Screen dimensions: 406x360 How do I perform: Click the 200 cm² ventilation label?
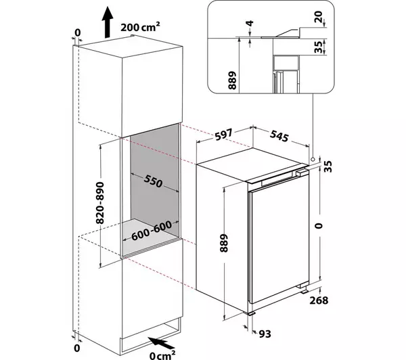(x=140, y=26)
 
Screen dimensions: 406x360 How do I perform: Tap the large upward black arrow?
(x=107, y=22)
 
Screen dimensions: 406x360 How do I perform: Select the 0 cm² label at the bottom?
(x=162, y=355)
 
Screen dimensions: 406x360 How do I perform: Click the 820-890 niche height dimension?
(x=99, y=203)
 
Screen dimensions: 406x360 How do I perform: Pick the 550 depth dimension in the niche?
(x=154, y=181)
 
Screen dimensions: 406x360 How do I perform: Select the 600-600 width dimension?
(x=152, y=231)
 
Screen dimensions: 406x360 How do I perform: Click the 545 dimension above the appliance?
(x=279, y=136)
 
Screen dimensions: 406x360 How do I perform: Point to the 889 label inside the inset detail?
(x=232, y=81)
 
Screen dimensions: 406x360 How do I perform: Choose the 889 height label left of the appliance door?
(x=224, y=243)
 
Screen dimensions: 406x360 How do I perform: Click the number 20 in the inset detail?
(x=318, y=16)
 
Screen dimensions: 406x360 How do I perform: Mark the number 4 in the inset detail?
(x=250, y=24)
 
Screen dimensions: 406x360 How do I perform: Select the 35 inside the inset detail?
(x=318, y=47)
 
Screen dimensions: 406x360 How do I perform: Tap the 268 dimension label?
(x=319, y=300)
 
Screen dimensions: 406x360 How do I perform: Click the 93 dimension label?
(x=265, y=334)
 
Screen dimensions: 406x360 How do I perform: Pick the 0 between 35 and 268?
(x=319, y=225)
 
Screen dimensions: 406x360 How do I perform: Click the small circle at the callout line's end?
(x=313, y=159)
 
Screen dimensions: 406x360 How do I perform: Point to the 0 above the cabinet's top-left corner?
(x=78, y=32)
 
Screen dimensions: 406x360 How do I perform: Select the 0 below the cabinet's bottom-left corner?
(x=77, y=348)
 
